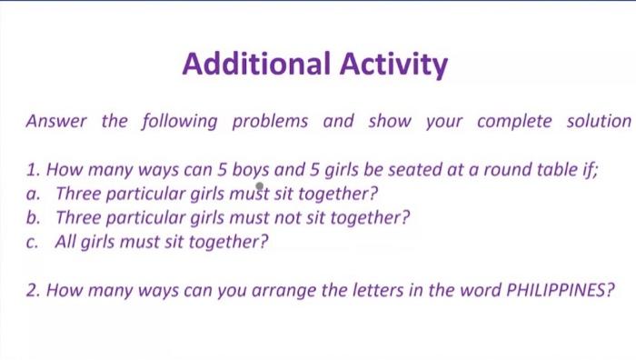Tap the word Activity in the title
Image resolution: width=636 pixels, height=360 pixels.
394,65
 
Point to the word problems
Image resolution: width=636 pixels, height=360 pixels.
271,121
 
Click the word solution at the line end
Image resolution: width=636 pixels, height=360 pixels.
597,121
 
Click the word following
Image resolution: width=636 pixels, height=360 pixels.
179,121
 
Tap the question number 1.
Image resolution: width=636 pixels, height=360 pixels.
32,169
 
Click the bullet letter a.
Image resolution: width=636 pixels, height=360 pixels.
33,194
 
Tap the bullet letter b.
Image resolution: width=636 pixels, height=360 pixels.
33,217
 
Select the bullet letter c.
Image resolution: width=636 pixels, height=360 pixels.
33,242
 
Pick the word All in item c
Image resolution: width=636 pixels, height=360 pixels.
66,242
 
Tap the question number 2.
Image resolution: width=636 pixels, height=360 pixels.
33,291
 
